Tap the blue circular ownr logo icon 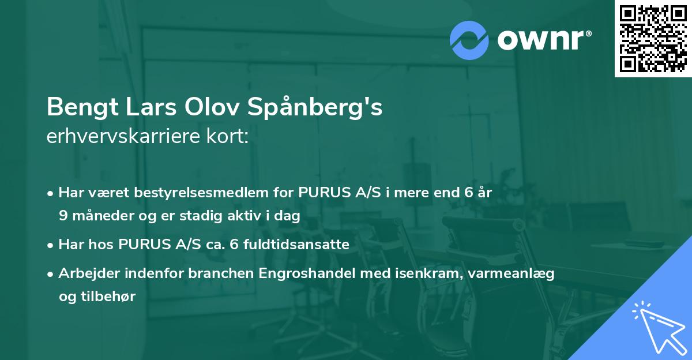(x=469, y=40)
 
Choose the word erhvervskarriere (x=121, y=137)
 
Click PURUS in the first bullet (x=321, y=193)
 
